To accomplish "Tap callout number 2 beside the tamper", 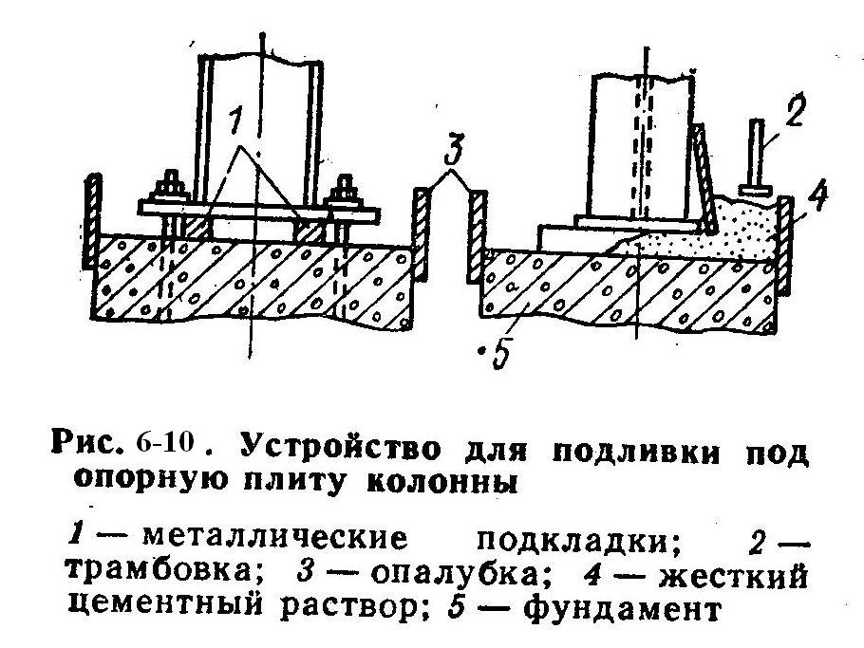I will click(x=793, y=115).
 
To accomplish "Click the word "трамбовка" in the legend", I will click(x=166, y=574).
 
